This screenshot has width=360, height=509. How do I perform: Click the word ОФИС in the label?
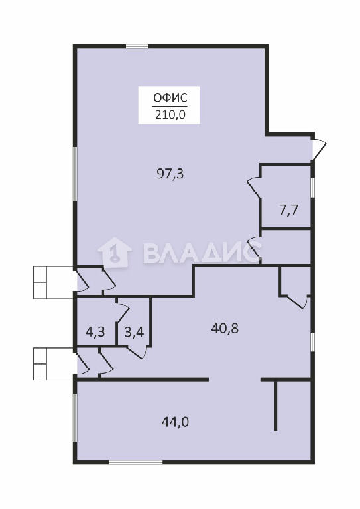pyautogui.click(x=170, y=97)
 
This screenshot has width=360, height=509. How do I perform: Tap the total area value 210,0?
pyautogui.click(x=170, y=115)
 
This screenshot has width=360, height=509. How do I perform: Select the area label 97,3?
pyautogui.click(x=170, y=174)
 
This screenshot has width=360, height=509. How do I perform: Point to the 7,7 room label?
pyautogui.click(x=288, y=210)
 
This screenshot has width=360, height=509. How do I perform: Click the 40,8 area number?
pyautogui.click(x=225, y=329)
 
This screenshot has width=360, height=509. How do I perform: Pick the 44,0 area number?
pyautogui.click(x=175, y=422)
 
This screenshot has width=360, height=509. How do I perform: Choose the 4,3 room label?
pyautogui.click(x=95, y=333)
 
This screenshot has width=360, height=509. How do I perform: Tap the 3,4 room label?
pyautogui.click(x=135, y=333)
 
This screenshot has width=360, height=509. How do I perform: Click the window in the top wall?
pyautogui.click(x=137, y=46)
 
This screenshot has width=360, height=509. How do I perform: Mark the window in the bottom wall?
pyautogui.click(x=135, y=461)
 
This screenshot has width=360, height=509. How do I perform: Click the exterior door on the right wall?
pyautogui.click(x=318, y=149)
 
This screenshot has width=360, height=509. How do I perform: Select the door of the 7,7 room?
pyautogui.click(x=255, y=188)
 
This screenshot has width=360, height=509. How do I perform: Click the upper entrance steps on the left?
pyautogui.click(x=54, y=282)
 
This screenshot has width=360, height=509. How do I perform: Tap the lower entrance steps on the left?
pyautogui.click(x=54, y=364)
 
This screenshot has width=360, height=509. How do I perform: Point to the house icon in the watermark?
pyautogui.click(x=115, y=253)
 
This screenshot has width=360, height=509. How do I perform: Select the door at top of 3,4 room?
pyautogui.click(x=123, y=312)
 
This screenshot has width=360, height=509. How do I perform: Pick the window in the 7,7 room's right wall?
pyautogui.click(x=313, y=188)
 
